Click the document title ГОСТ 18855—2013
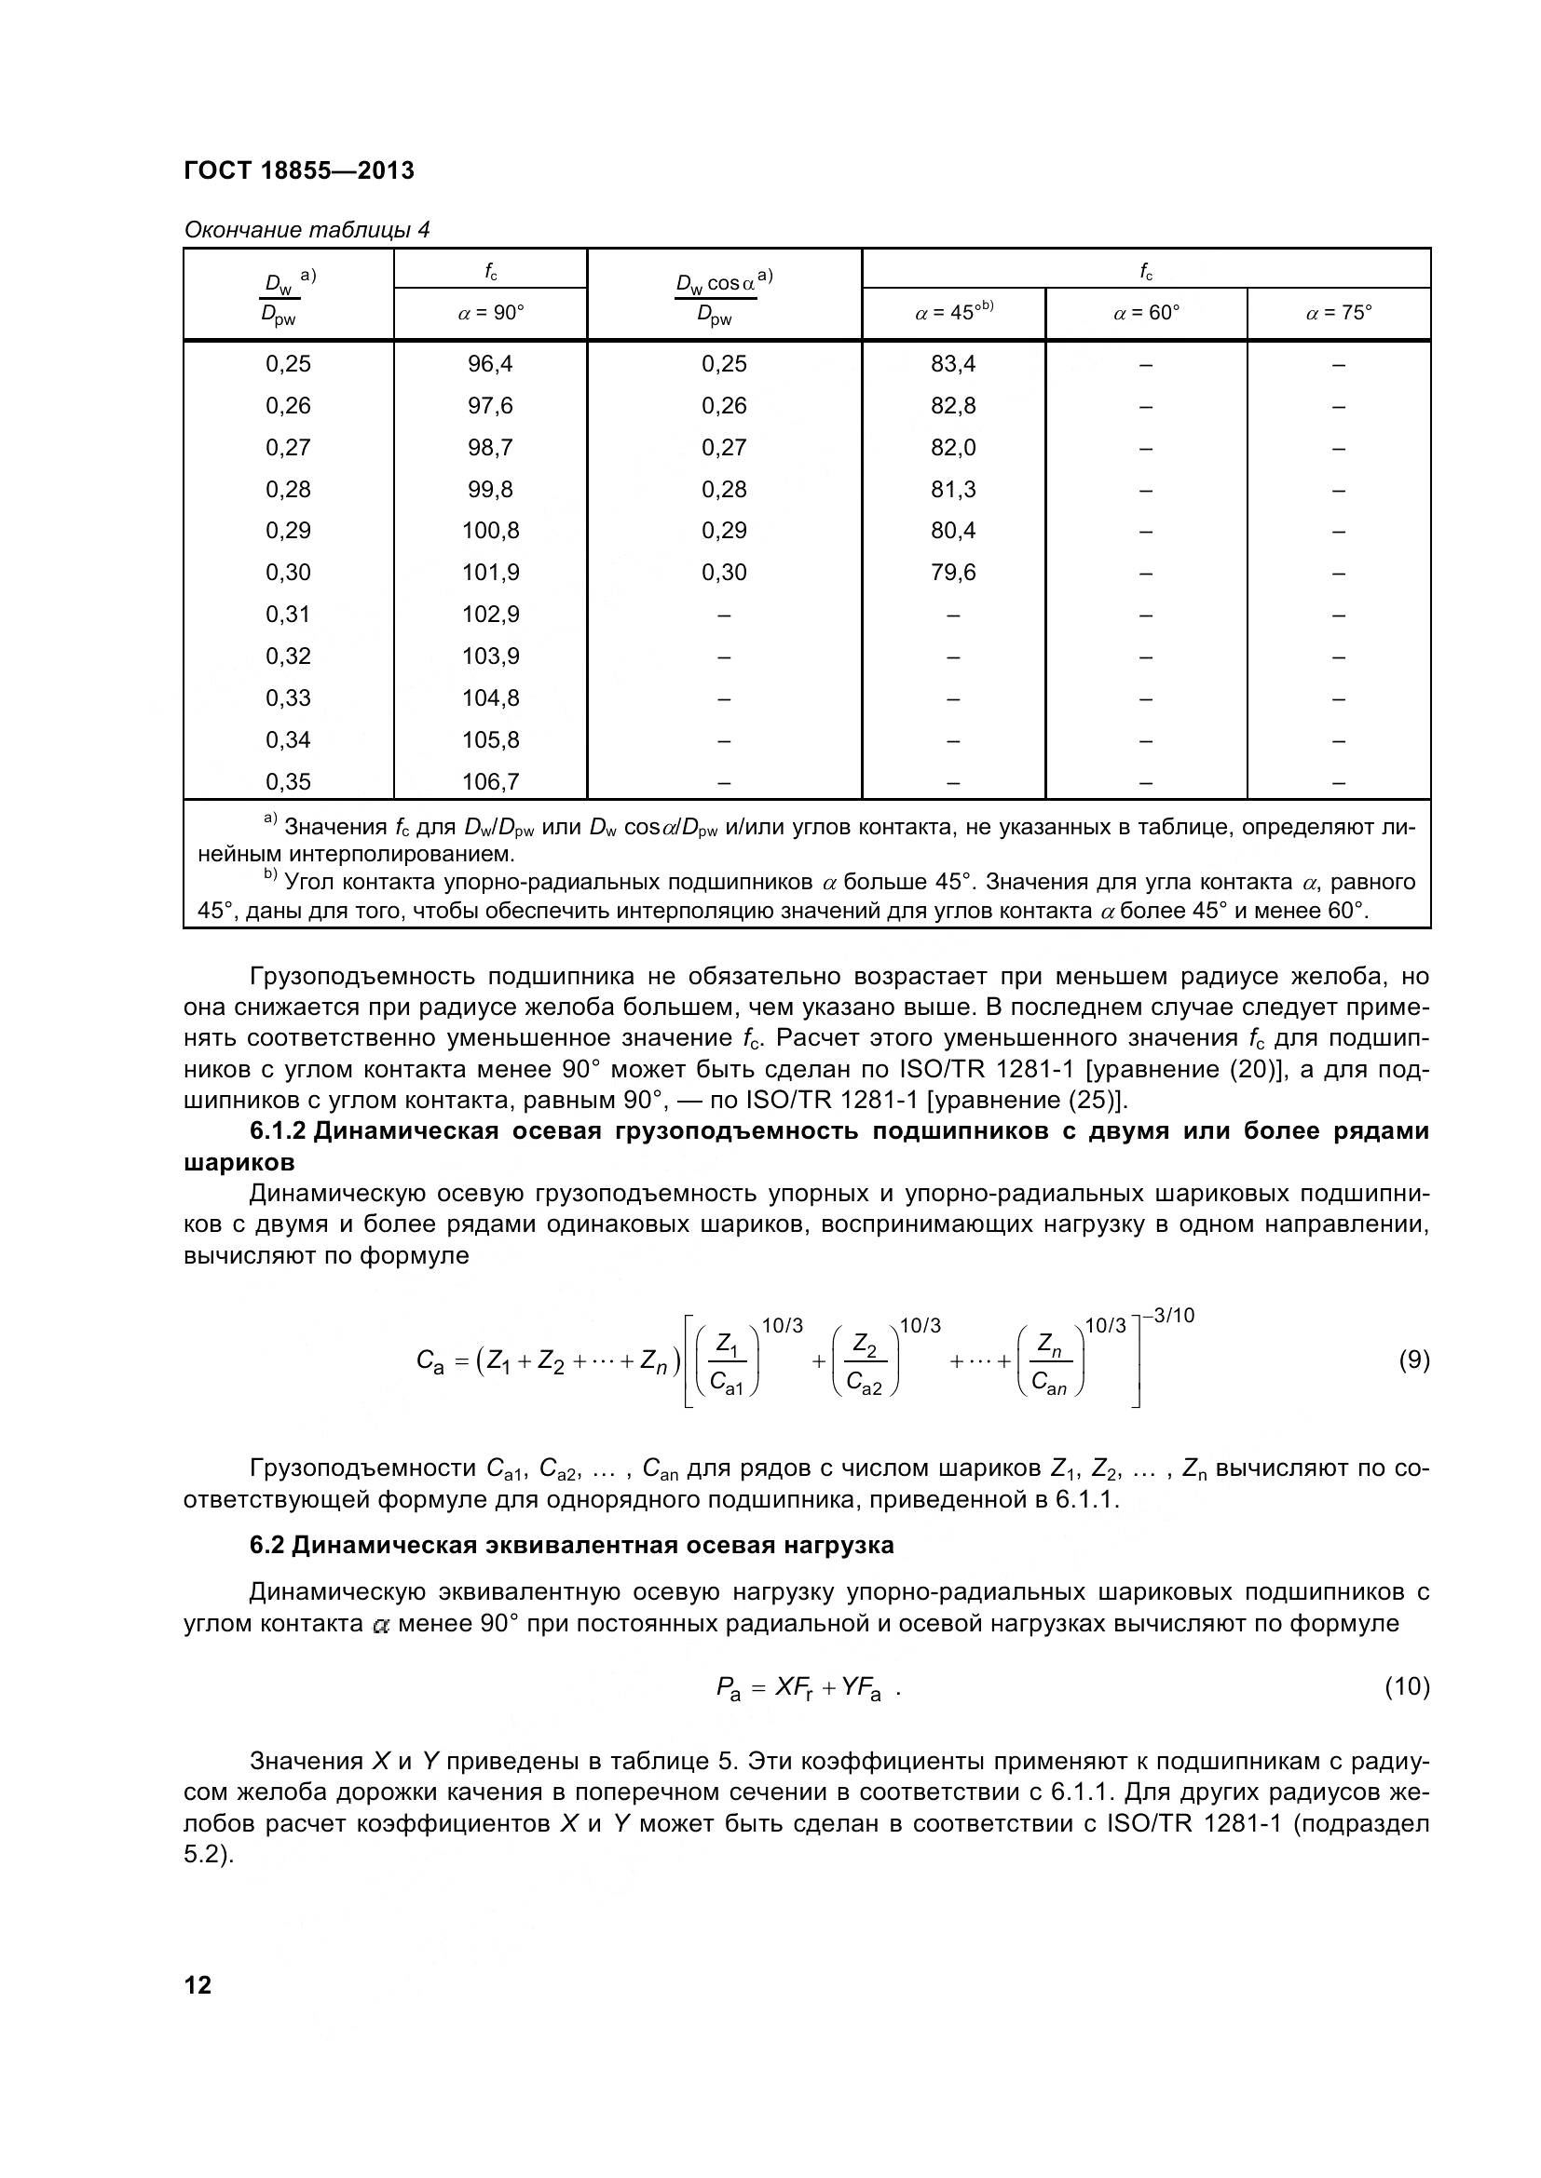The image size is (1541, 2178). tap(299, 170)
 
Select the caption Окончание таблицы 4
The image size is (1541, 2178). tap(307, 230)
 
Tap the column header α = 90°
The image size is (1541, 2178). tap(491, 313)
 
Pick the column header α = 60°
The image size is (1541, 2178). tap(1145, 313)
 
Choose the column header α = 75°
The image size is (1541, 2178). tap(1338, 313)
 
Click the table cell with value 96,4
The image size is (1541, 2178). tap(491, 364)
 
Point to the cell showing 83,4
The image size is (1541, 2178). tap(953, 364)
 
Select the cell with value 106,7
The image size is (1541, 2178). tap(491, 781)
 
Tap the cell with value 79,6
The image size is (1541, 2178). tap(953, 573)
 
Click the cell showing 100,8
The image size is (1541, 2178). tap(491, 531)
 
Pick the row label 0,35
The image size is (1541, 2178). tap(288, 781)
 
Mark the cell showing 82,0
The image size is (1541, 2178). tap(953, 448)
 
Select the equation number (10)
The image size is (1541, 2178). tap(1407, 1686)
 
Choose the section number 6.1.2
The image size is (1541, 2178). tap(278, 1131)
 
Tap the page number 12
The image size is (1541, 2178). tap(198, 1985)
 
